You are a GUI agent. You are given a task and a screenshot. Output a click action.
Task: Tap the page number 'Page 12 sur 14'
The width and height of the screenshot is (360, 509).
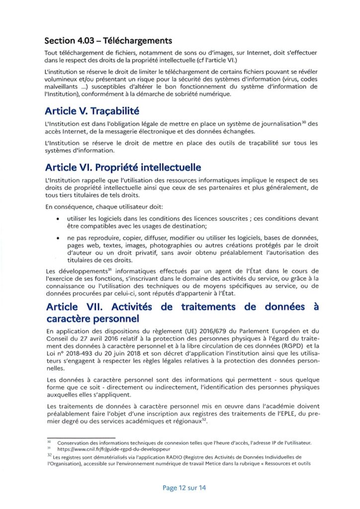(184, 488)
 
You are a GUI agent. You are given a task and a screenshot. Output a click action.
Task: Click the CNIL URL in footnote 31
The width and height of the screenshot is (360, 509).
(97, 448)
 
